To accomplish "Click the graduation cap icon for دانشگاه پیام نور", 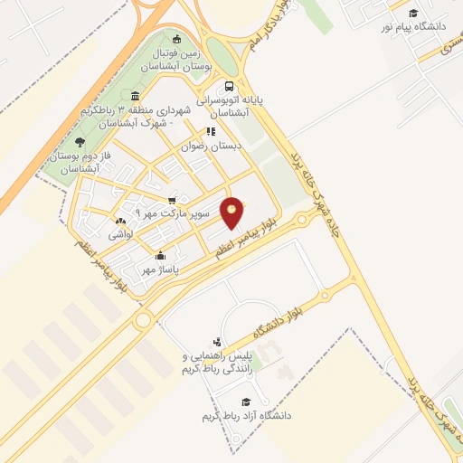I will pos(413,13).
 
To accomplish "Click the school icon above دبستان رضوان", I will pos(211,131).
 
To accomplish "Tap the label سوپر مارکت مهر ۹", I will pos(172,214).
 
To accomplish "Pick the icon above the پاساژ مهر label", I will pos(160,255).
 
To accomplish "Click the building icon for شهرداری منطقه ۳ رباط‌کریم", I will pos(135,97).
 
